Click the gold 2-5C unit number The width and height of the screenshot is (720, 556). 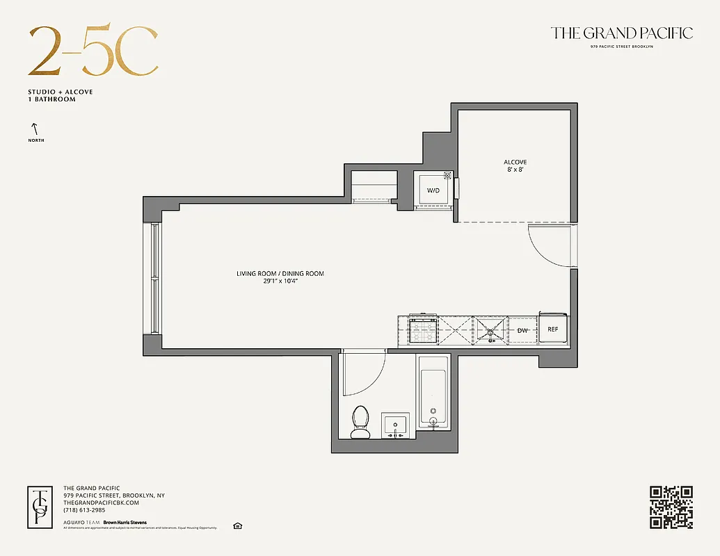93,52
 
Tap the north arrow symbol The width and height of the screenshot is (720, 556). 33,129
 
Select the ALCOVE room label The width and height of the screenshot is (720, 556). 515,162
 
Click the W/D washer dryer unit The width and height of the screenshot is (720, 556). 433,190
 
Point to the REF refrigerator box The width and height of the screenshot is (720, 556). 553,329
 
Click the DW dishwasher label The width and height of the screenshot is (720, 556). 522,330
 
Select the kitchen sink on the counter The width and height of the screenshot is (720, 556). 493,329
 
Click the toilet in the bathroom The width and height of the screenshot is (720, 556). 360,422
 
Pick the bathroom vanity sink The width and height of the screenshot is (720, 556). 395,425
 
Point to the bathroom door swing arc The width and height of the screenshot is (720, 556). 367,375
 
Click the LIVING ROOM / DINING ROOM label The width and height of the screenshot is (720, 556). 280,274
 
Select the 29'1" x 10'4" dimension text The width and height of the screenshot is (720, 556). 280,281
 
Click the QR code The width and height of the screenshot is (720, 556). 671,507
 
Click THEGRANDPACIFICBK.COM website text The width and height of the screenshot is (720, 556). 102,502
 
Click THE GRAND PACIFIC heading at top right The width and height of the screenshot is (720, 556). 621,33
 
